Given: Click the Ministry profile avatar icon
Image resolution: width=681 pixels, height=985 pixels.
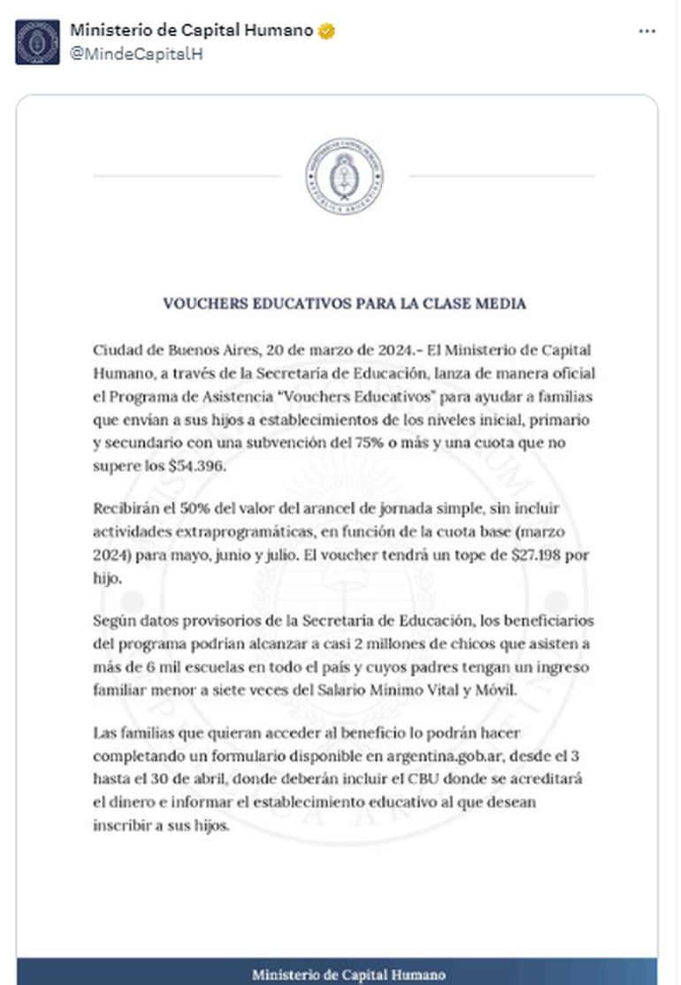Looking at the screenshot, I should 37,42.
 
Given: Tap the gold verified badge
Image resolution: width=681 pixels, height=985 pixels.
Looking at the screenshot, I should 326,32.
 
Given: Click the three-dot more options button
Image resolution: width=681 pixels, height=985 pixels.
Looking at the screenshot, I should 647,31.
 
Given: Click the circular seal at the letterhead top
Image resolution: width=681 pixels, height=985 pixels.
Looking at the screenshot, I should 344,174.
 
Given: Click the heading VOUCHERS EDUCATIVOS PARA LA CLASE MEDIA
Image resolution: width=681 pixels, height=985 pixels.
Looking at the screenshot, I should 344,303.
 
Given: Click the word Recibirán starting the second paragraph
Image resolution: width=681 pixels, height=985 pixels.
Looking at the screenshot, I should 125,509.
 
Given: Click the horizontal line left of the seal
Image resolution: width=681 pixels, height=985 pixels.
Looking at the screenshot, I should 187,176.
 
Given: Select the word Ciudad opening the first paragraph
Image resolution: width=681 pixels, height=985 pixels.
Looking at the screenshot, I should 116,350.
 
